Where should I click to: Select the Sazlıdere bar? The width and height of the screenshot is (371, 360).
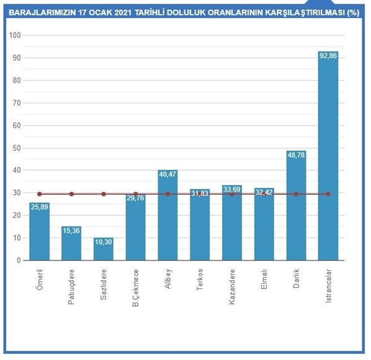click(x=103, y=249)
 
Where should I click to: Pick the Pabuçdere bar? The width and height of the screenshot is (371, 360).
click(x=71, y=243)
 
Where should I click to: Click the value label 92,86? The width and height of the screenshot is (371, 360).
click(x=328, y=56)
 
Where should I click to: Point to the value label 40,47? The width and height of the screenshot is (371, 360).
click(x=168, y=174)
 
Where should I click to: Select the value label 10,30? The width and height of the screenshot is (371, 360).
click(x=103, y=242)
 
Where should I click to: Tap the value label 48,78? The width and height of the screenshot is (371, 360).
click(x=296, y=155)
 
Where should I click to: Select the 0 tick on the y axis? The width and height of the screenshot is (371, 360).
click(x=19, y=260)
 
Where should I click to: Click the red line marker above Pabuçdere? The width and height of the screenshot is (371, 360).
click(x=71, y=194)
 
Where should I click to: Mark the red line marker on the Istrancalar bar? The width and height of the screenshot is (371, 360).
click(x=328, y=194)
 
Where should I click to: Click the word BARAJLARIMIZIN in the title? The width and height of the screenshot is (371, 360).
click(x=38, y=11)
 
